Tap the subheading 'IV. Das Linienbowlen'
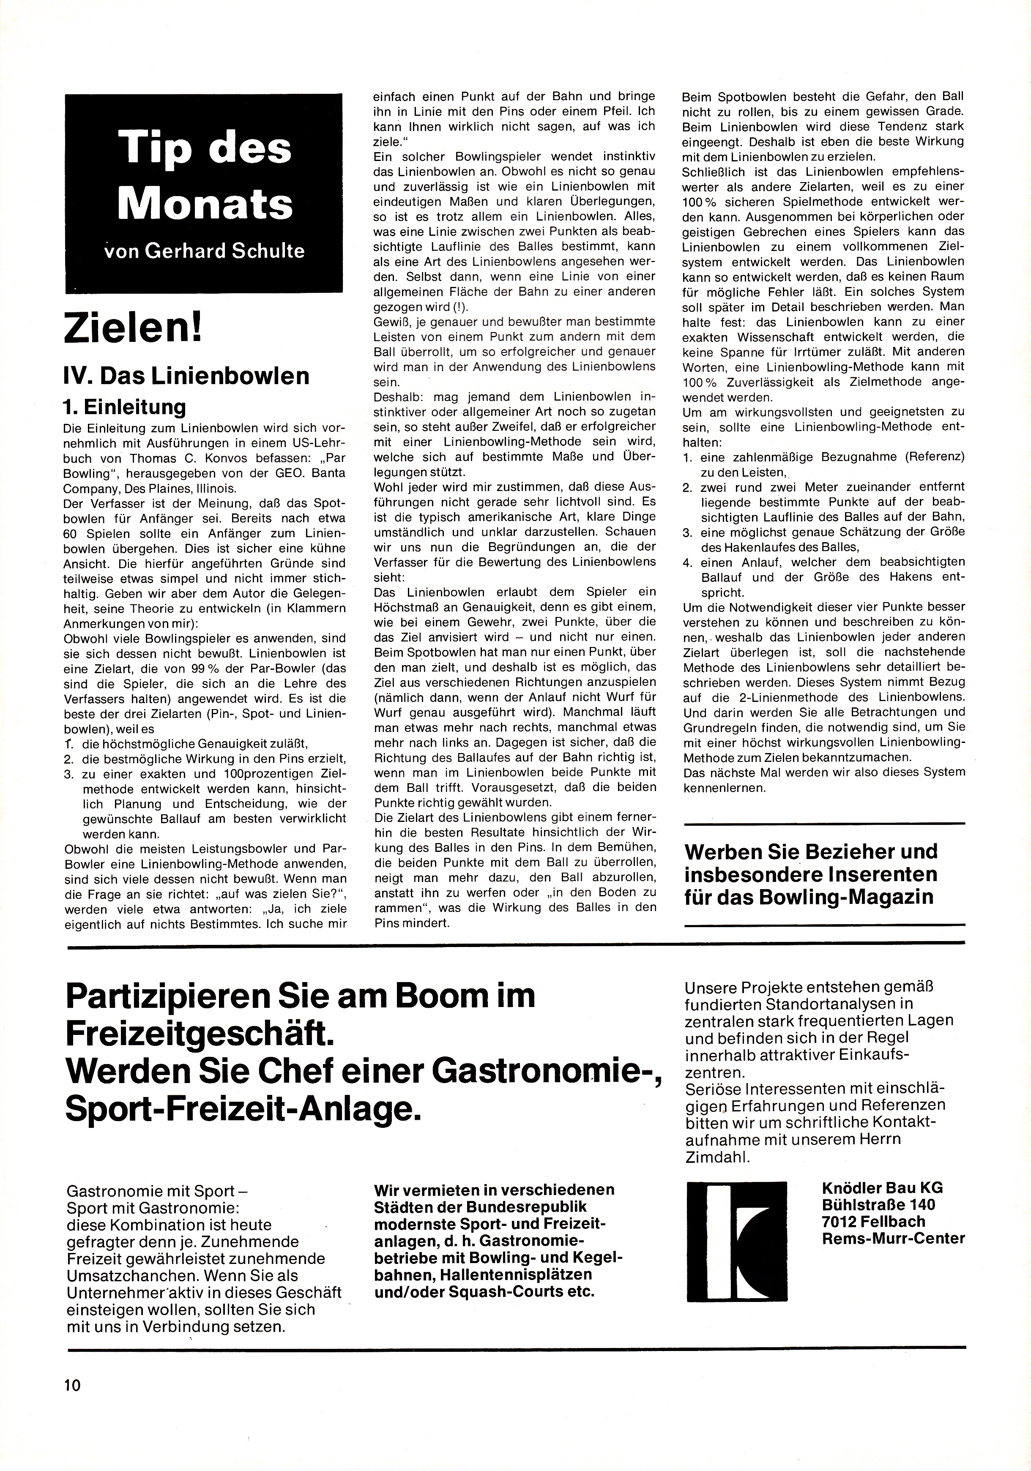tap(186, 375)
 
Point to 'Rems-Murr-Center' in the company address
tap(893, 1238)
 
